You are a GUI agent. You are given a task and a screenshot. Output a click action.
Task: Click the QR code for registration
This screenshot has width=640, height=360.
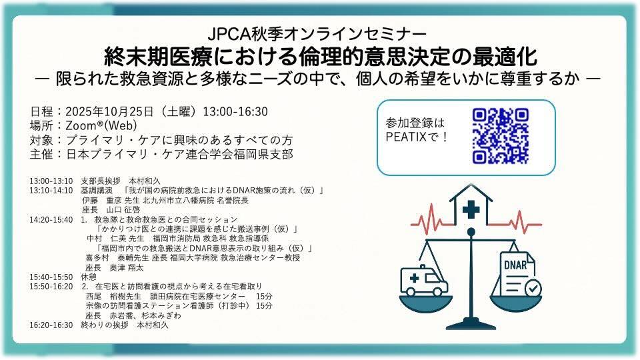pyautogui.click(x=501, y=136)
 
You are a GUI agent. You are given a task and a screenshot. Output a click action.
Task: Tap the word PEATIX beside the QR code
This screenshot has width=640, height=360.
pyautogui.click(x=406, y=137)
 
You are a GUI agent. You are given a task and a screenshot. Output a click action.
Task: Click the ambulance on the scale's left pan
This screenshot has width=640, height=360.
pyautogui.click(x=424, y=280)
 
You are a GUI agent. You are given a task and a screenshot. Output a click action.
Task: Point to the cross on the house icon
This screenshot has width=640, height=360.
pyautogui.click(x=471, y=210)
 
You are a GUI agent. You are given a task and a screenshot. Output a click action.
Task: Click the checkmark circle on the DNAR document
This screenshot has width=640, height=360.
pyautogui.click(x=533, y=288)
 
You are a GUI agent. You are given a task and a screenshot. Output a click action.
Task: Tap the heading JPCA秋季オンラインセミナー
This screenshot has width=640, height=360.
pyautogui.click(x=317, y=34)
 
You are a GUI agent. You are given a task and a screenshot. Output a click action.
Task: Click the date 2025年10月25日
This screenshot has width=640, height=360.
pyautogui.click(x=109, y=111)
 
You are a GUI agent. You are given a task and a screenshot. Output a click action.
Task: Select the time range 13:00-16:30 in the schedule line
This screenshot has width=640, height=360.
pyautogui.click(x=235, y=111)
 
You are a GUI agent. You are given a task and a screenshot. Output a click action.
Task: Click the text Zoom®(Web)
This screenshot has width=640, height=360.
pyautogui.click(x=101, y=126)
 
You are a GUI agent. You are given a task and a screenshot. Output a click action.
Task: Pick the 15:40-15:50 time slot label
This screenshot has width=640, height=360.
pyautogui.click(x=51, y=277)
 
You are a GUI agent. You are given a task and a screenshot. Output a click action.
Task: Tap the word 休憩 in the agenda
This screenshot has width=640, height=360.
pyautogui.click(x=89, y=277)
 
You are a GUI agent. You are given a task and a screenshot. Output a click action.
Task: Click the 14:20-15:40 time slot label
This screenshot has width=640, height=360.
pyautogui.click(x=51, y=220)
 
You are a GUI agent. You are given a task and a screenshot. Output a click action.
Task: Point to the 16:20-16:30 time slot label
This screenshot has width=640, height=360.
pyautogui.click(x=51, y=325)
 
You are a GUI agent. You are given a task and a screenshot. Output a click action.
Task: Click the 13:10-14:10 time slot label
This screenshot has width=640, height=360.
pyautogui.click(x=51, y=191)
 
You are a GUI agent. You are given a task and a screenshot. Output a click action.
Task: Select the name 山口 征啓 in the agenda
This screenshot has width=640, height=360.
pyautogui.click(x=123, y=210)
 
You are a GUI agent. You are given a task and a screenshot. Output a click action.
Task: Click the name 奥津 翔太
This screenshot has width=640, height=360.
pyautogui.click(x=127, y=268)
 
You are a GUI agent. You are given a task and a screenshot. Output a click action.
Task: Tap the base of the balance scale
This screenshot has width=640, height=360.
pyautogui.click(x=471, y=325)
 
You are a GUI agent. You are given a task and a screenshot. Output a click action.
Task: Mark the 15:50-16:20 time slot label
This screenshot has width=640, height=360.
pyautogui.click(x=51, y=287)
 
